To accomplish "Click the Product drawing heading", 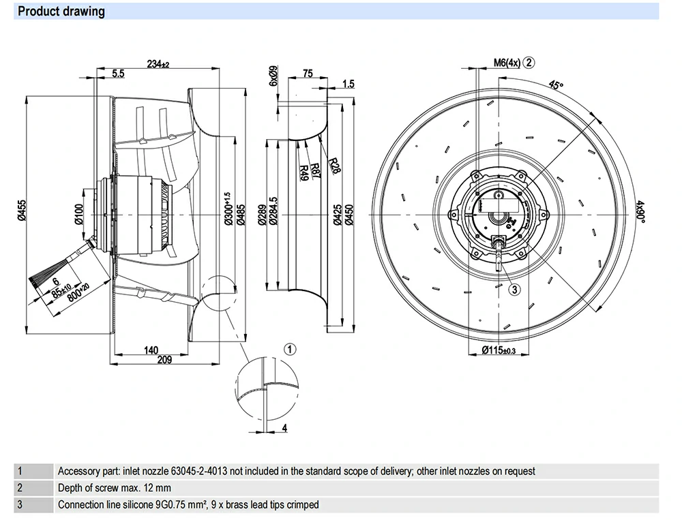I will click(x=61, y=12).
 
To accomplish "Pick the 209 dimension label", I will click(x=164, y=361).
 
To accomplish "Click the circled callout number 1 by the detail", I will click(x=290, y=350).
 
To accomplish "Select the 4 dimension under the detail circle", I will click(x=284, y=427).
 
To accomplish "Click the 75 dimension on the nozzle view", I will click(x=307, y=74).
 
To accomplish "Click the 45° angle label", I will click(x=557, y=86).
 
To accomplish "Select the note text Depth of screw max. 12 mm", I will click(x=114, y=488).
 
